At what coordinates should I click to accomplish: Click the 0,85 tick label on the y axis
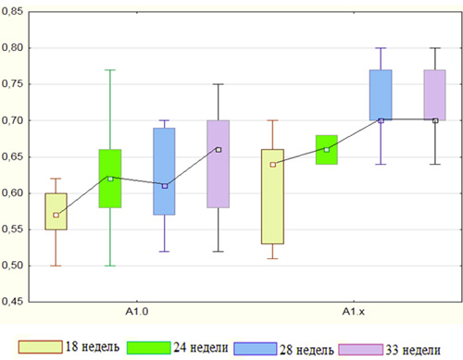click(x=12, y=11)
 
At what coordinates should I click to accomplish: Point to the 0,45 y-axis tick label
click(x=12, y=302)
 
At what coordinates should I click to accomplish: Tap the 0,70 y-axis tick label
click(x=12, y=120)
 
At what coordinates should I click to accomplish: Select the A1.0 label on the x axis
click(x=137, y=312)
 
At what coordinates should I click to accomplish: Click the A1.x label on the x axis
click(x=354, y=312)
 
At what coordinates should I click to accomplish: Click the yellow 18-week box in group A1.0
click(x=56, y=211)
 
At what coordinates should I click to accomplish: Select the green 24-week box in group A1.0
click(x=110, y=179)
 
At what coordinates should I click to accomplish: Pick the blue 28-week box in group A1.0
click(x=164, y=171)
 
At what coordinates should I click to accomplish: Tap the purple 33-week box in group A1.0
click(x=219, y=164)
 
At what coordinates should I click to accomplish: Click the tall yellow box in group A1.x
click(x=272, y=197)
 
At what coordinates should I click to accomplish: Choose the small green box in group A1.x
click(x=327, y=150)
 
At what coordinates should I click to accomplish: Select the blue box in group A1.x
click(x=381, y=95)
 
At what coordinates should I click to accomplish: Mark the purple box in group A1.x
click(x=434, y=95)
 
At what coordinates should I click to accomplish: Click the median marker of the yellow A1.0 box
click(x=56, y=215)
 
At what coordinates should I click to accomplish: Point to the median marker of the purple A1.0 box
click(x=219, y=150)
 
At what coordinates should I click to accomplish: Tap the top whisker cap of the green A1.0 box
click(x=110, y=70)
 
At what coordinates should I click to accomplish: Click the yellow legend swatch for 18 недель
click(x=41, y=347)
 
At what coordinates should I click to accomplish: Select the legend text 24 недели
click(x=201, y=348)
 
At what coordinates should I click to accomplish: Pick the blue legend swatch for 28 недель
click(x=256, y=349)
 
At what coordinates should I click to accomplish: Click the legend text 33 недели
click(x=413, y=350)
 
